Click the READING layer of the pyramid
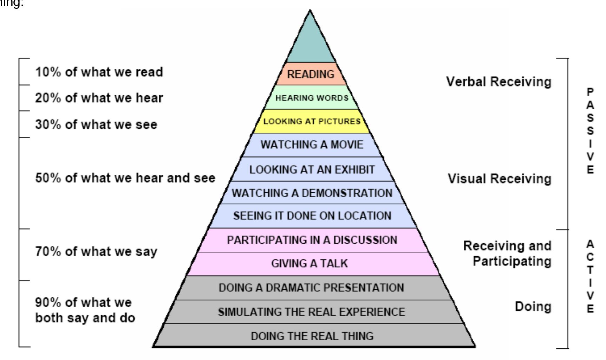[311, 74]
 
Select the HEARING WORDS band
[312, 98]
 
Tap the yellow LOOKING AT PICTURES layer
[312, 121]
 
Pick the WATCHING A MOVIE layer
[312, 144]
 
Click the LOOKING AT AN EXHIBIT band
[312, 169]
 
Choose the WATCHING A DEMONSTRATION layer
[312, 193]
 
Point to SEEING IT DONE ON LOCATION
[312, 216]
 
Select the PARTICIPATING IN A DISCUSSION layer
[312, 240]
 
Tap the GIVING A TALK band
[309, 263]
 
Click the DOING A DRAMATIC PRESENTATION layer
[311, 288]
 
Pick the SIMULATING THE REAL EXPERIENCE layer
[311, 312]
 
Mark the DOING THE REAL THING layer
[312, 336]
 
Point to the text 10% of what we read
[99, 72]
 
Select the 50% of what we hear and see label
[125, 178]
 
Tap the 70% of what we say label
[96, 252]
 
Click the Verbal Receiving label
[499, 82]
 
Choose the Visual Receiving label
[500, 179]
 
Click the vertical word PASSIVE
[591, 131]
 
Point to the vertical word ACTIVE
[591, 276]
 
